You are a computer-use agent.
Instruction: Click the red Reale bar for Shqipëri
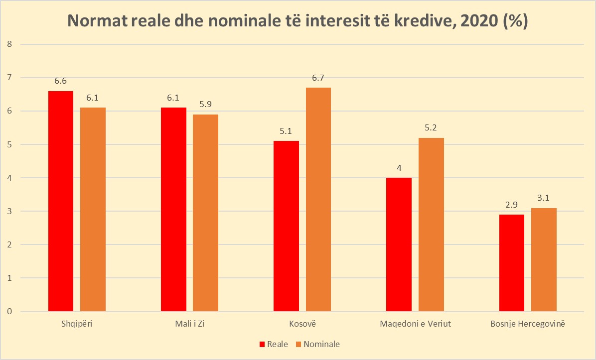(x=61, y=201)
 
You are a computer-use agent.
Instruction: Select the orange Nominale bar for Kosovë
(x=318, y=199)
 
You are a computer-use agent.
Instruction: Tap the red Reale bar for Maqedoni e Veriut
(x=399, y=244)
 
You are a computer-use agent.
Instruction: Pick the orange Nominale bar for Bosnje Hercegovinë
(x=544, y=259)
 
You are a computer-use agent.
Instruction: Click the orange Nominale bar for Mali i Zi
(x=205, y=213)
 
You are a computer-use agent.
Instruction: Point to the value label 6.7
(x=318, y=78)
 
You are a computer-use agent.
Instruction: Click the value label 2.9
(x=512, y=205)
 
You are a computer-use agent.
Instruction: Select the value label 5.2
(x=431, y=128)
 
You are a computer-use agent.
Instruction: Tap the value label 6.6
(x=61, y=81)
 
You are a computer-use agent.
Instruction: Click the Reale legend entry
(x=273, y=344)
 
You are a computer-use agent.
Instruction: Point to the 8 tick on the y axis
(x=8, y=44)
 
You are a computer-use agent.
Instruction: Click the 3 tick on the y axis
(x=8, y=211)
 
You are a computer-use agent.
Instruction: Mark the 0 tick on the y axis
(x=8, y=312)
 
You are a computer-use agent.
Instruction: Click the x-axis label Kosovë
(x=302, y=324)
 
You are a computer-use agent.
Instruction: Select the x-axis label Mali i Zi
(x=189, y=324)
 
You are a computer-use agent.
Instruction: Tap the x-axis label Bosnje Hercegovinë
(x=528, y=324)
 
